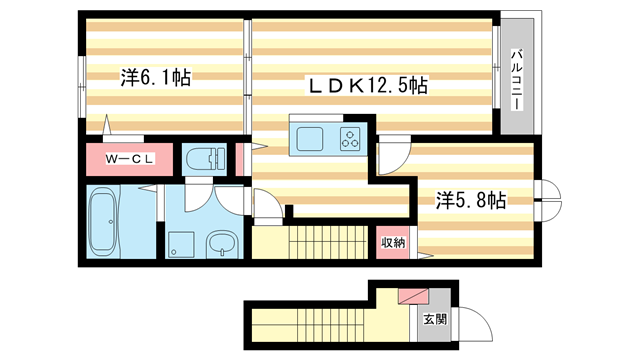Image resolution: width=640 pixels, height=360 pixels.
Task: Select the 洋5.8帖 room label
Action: tap(470, 199)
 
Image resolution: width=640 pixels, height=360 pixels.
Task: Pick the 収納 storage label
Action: tap(392, 242)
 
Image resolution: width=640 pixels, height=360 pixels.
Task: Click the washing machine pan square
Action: tap(182, 243)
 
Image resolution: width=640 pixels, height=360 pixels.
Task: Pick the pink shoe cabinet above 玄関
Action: tap(412, 296)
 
